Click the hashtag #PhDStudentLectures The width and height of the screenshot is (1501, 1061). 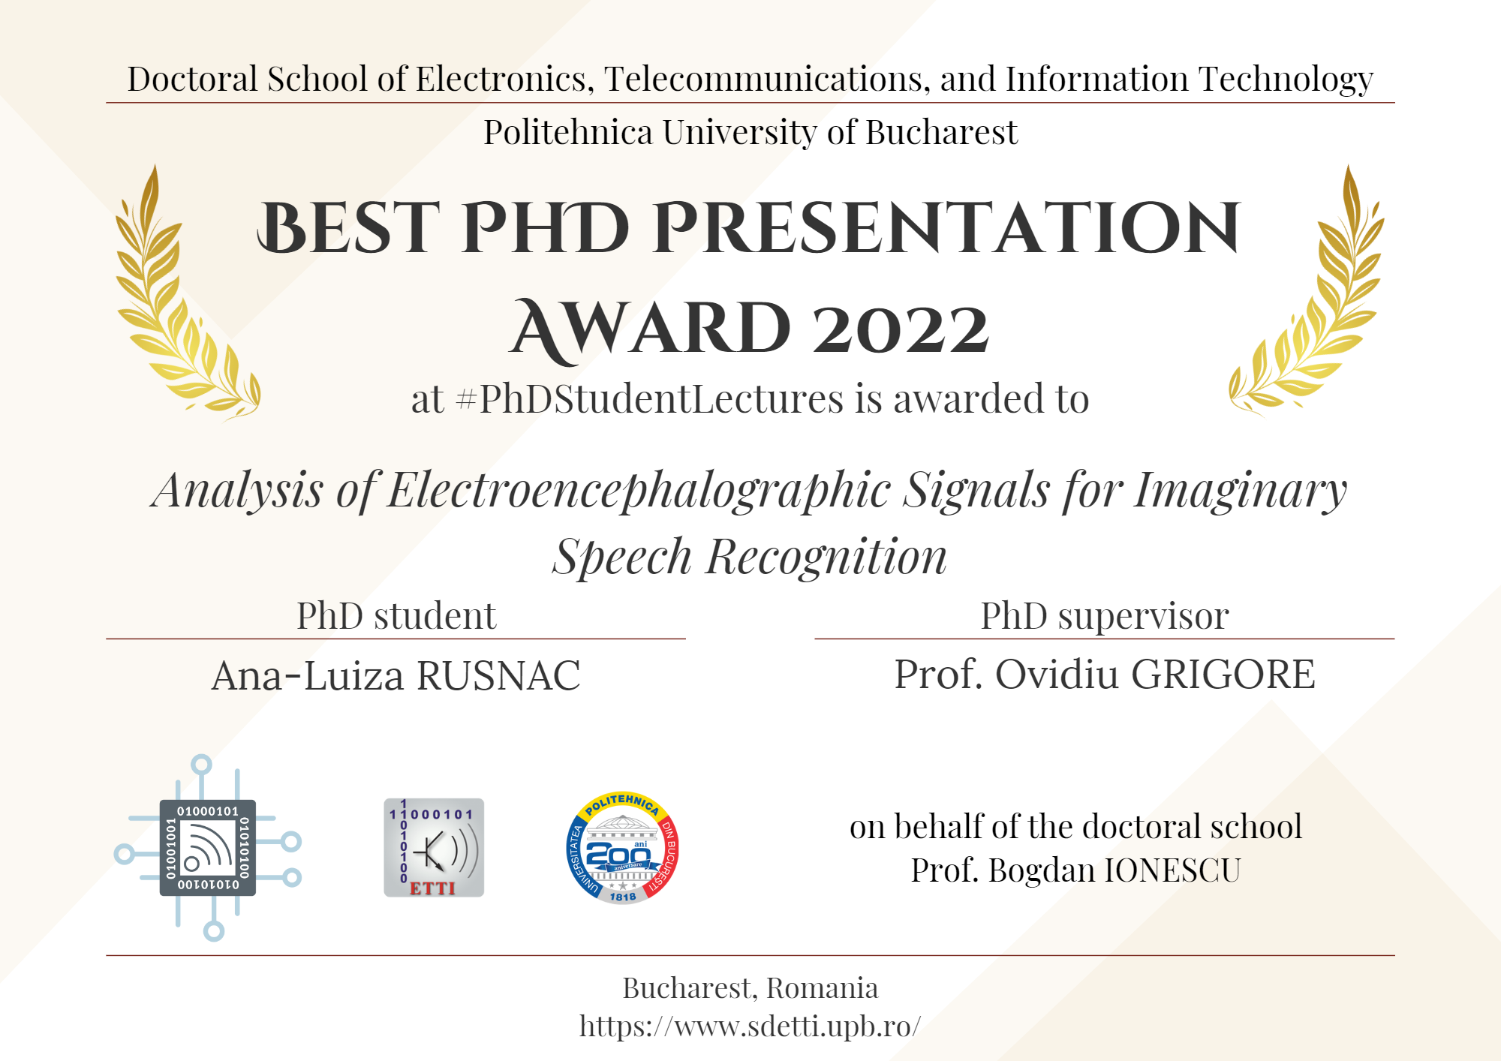coord(649,398)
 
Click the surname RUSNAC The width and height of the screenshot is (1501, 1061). coord(498,675)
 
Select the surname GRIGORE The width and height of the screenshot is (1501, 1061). coord(1223,674)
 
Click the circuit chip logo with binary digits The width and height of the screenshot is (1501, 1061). coord(208,848)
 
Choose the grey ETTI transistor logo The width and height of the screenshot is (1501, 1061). coord(434,847)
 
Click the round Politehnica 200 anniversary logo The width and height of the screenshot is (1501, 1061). coord(622,848)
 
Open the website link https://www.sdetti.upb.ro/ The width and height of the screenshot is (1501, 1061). coord(750,1026)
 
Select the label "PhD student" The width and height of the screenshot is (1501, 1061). coord(396,616)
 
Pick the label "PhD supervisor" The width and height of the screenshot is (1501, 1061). coord(1105,617)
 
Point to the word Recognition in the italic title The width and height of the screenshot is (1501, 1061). coord(826,558)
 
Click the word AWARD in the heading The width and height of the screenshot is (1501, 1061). coord(650,329)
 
